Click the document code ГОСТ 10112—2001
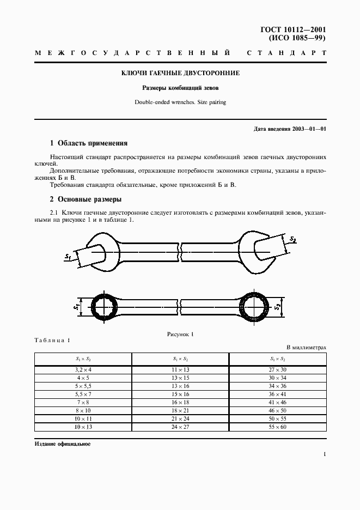coord(295,30)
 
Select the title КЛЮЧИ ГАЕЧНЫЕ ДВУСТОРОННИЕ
coord(180,72)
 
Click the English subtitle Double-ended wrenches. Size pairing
coord(180,102)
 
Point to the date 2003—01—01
coord(308,129)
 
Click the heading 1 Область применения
coord(89,143)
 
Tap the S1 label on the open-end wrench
coord(68,256)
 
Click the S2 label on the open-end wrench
coord(292,239)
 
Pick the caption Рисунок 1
coord(180,334)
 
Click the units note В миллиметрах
coord(306,347)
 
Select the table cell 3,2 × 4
coord(83,369)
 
